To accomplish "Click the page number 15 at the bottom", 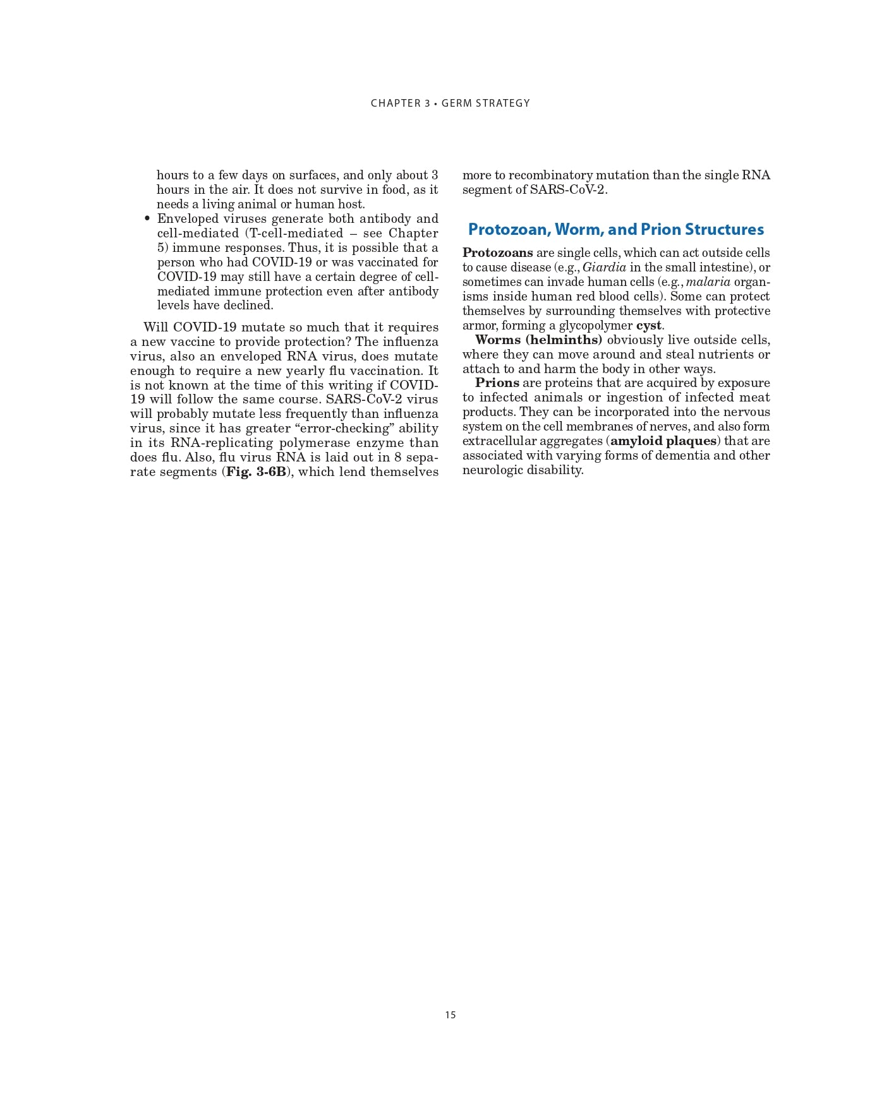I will (450, 1015).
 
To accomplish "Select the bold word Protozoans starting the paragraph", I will (497, 253).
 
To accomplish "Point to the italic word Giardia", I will (604, 268).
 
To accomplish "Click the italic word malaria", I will (708, 282).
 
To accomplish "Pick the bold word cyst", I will (648, 326).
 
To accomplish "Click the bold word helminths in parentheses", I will (563, 340).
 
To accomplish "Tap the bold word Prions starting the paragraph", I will (497, 383).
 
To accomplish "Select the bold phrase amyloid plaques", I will (663, 441).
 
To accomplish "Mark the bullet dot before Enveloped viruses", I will (147, 219).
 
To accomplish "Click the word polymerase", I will (314, 443).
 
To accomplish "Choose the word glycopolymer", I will (595, 326).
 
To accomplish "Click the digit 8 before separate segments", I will (397, 458).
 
